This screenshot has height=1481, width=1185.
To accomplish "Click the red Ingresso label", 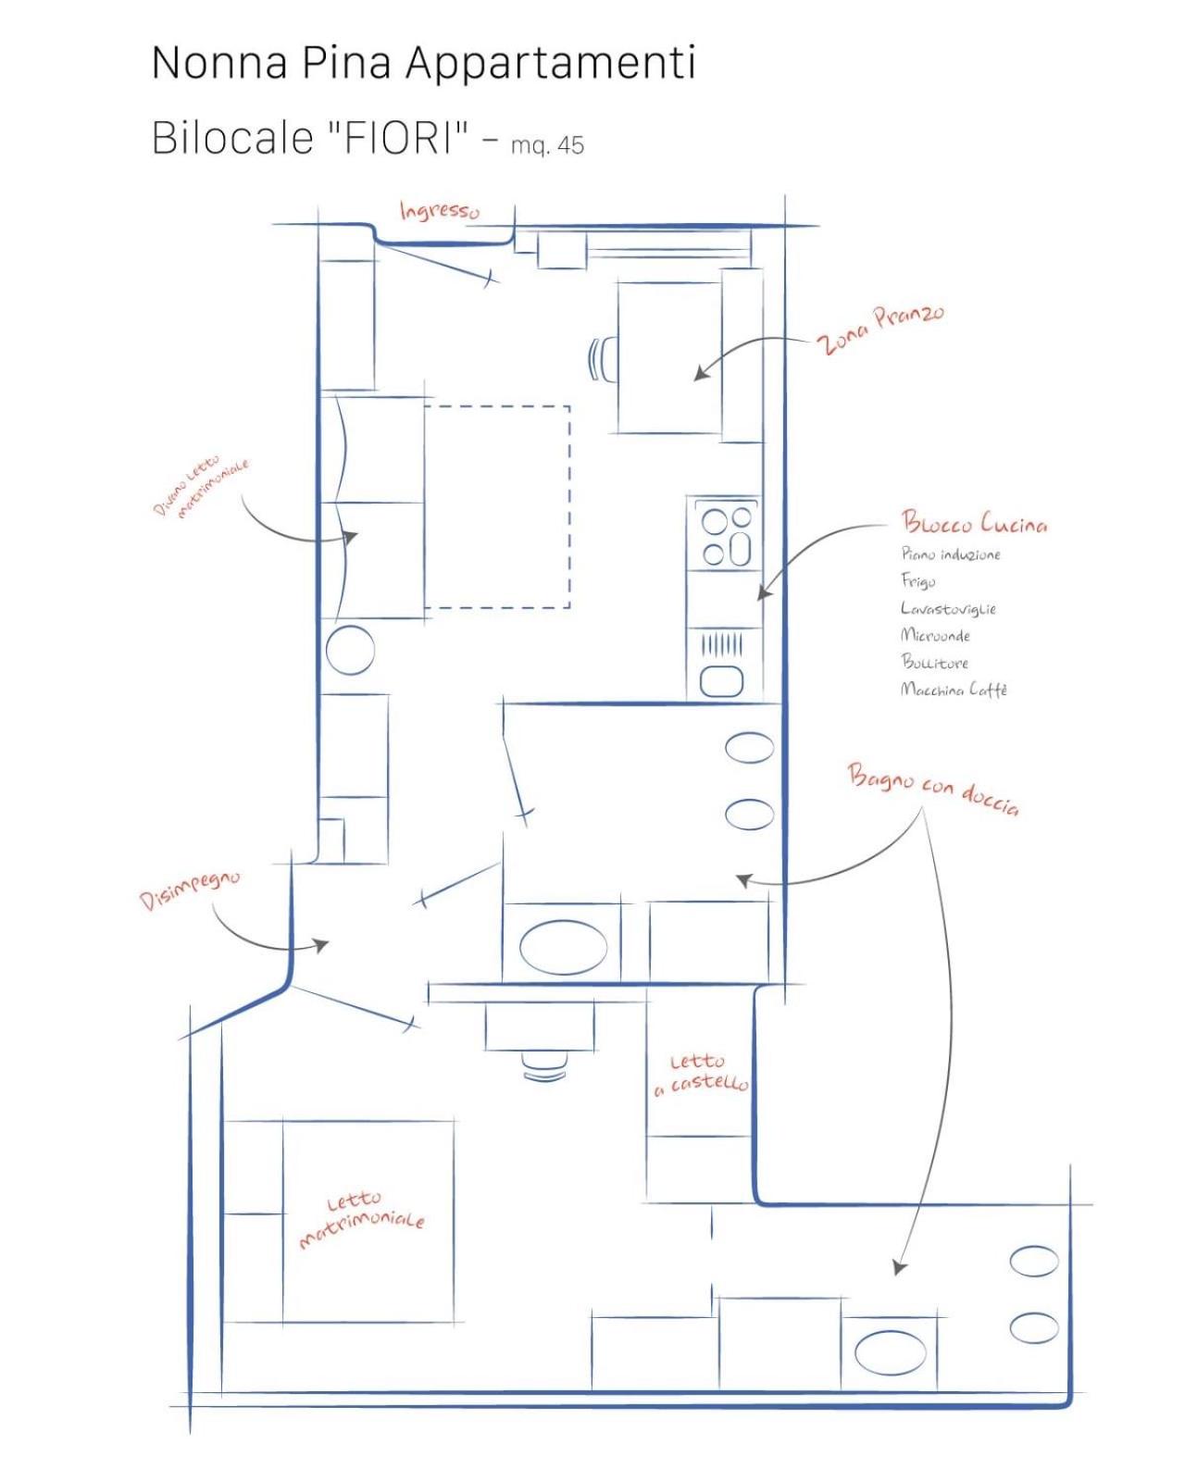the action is (439, 211).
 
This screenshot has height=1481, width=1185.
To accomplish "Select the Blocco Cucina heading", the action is (974, 523).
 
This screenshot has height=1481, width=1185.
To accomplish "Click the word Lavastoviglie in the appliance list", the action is (947, 608).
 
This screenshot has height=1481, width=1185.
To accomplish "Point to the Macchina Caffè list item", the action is (953, 689).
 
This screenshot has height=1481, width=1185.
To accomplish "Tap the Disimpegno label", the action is (191, 890).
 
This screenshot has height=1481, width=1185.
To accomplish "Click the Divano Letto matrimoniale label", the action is (200, 487).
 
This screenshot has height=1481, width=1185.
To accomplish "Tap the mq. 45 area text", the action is (547, 145).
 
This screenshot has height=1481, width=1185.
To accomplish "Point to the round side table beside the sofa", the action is (350, 649).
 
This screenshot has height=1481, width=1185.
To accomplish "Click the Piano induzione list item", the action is (950, 554).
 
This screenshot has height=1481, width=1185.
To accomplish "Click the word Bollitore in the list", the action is (935, 662).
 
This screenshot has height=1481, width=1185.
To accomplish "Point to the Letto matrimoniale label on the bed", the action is (361, 1222).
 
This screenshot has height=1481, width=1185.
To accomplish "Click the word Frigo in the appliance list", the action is (917, 581).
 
